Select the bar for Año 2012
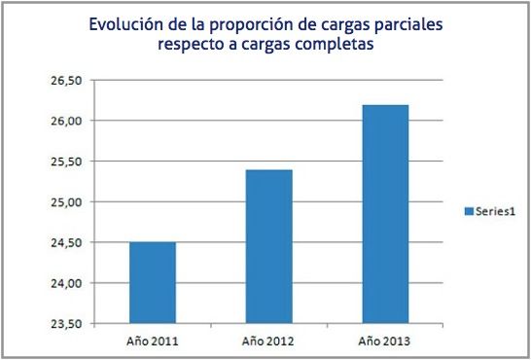tap(265, 246)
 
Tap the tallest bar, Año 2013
tap(380, 213)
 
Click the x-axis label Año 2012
tap(265, 342)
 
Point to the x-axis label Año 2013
tap(380, 342)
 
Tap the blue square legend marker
tap(468, 211)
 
